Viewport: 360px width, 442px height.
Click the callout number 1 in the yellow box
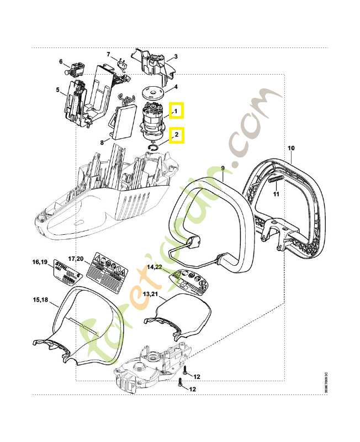point(176,112)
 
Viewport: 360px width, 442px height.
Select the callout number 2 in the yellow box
point(176,134)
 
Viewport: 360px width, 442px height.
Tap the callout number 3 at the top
point(176,56)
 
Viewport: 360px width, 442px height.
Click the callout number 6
point(61,61)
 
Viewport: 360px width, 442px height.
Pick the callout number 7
point(109,54)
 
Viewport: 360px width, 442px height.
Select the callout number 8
point(102,142)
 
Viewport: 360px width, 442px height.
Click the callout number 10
point(291,148)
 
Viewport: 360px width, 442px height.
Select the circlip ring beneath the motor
point(154,146)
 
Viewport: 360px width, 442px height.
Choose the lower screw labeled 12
point(181,386)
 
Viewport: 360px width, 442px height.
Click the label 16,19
point(40,261)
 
